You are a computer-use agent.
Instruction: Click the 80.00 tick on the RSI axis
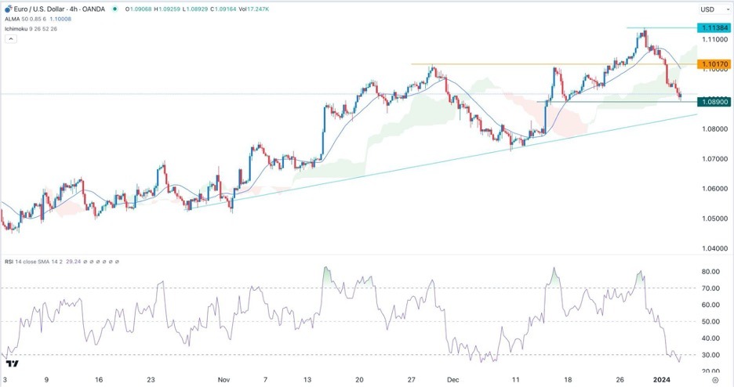click(x=710, y=272)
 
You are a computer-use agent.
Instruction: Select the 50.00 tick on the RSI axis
click(x=710, y=322)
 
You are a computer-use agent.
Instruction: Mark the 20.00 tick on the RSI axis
click(x=710, y=372)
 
